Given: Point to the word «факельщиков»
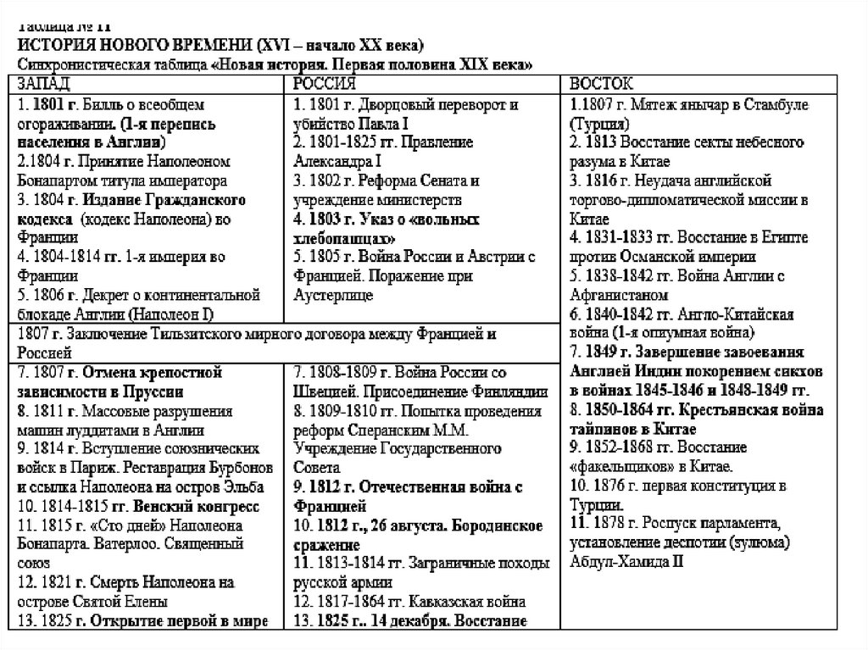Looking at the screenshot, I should coord(623,466).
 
